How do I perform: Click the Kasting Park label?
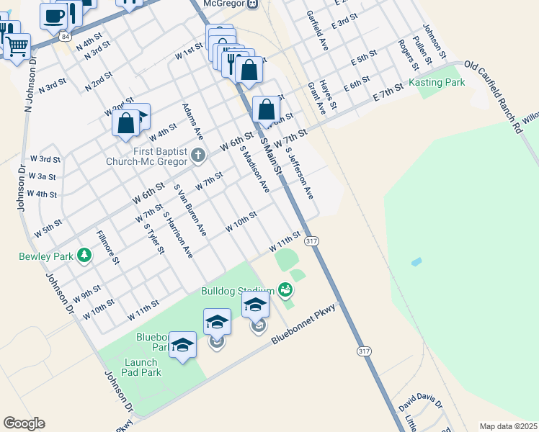coord(437,83)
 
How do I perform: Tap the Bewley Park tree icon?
coord(84,255)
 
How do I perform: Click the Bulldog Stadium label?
coord(237,291)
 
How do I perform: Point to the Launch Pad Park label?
coord(142,367)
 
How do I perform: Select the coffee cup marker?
coord(53,15)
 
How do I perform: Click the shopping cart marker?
coord(17,47)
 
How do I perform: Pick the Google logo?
coord(23,423)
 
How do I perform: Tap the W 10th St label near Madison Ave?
coord(241,222)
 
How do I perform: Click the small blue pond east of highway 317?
coord(416,262)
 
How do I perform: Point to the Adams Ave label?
coord(193,121)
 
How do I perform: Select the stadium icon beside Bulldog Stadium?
coord(285,290)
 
